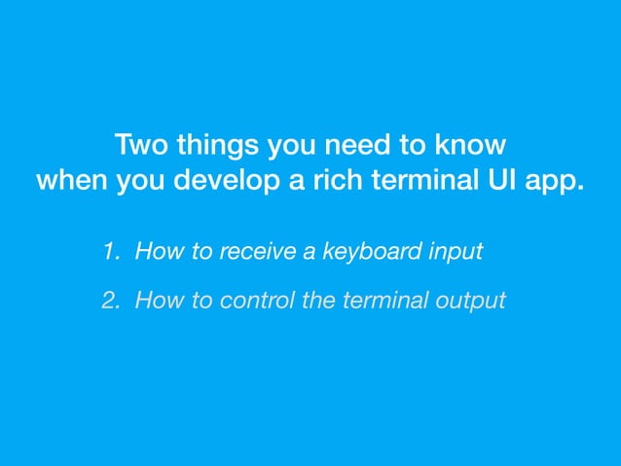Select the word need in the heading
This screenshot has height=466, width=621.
click(x=359, y=146)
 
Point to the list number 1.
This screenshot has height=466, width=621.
click(x=109, y=253)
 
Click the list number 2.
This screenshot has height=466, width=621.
click(x=109, y=301)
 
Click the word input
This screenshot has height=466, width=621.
click(x=456, y=253)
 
